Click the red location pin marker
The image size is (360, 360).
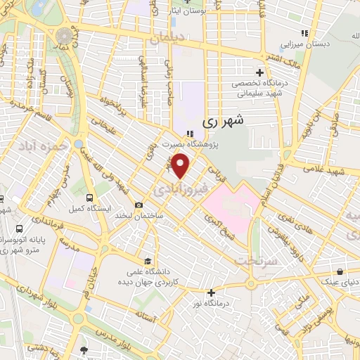[181, 166]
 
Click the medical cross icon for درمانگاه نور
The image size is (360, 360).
[211, 292]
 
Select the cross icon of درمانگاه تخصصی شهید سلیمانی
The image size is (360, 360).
[260, 72]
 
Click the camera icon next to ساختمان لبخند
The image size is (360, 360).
[139, 205]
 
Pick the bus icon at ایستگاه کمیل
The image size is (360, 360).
[89, 198]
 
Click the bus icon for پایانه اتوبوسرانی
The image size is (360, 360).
[18, 229]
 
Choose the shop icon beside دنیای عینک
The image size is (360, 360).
[340, 271]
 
